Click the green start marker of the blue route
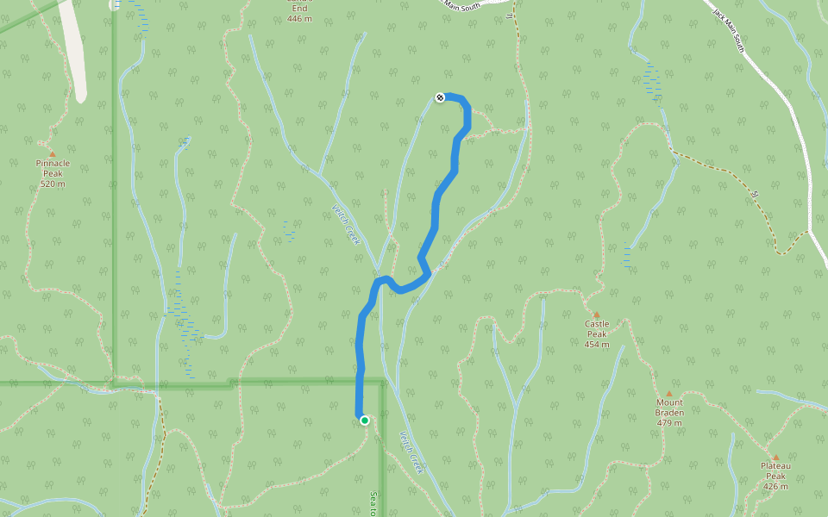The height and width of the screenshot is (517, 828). pos(365,420)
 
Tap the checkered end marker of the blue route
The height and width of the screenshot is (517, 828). pos(440,97)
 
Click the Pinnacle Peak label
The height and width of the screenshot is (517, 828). pos(53,168)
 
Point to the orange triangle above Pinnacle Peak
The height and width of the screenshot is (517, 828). pos(52,154)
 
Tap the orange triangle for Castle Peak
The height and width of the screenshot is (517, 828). pos(596,315)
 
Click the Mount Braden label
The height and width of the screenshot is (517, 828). pos(669,408)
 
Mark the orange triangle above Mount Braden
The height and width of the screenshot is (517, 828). pos(668,394)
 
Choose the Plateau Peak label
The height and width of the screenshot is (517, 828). pos(775,470)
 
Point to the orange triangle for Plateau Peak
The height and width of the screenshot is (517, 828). pos(775,458)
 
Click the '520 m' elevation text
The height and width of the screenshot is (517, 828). pos(53,184)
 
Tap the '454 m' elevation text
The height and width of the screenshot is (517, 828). pos(597,344)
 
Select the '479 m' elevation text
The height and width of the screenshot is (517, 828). pos(669,423)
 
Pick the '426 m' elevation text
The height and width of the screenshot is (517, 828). pos(775,486)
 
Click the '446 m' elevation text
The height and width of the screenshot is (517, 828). pos(299,18)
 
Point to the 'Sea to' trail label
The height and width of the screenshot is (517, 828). pos(373,503)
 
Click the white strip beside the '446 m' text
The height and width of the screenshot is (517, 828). pos(76,52)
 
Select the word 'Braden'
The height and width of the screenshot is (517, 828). pos(669,413)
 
